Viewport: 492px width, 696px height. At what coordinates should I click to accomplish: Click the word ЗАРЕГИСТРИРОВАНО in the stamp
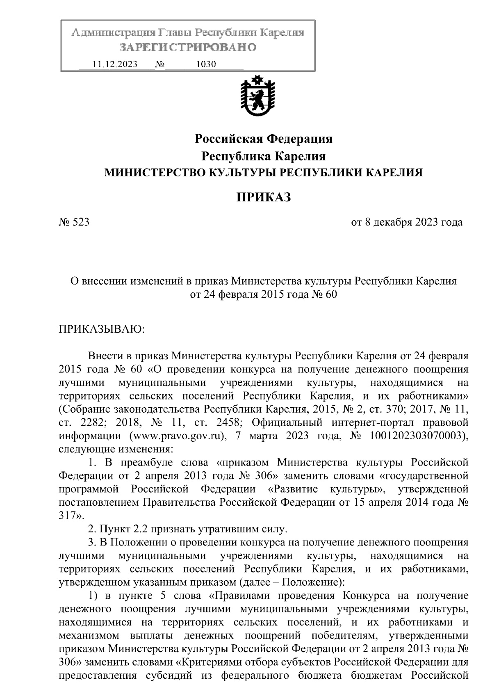[188, 48]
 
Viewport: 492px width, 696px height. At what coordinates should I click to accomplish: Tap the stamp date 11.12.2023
[115, 64]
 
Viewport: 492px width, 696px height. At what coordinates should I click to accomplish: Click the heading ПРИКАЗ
[263, 197]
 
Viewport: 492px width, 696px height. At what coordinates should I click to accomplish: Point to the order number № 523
[74, 222]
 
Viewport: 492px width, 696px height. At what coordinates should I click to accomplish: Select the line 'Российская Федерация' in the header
[263, 139]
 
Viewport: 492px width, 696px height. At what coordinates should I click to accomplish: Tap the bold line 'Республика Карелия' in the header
[263, 156]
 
